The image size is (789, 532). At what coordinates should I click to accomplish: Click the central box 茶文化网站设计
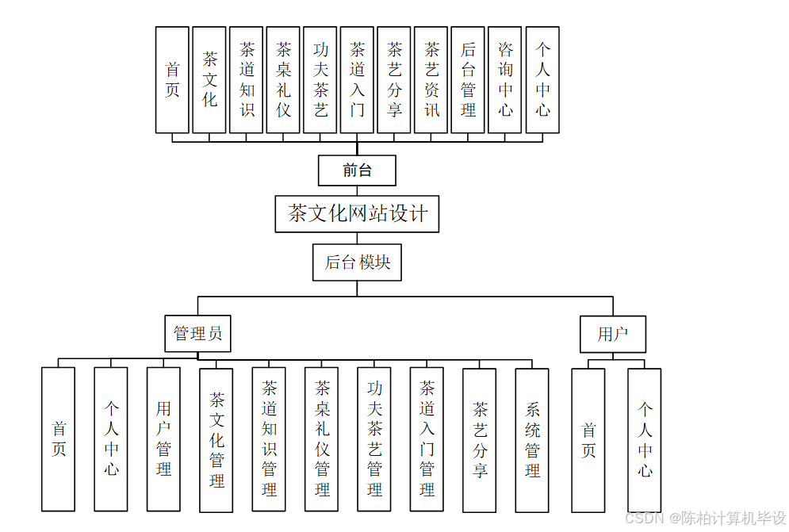pyautogui.click(x=357, y=213)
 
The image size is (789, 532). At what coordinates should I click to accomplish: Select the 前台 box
pyautogui.click(x=357, y=170)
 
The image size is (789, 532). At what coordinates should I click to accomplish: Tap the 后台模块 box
pyautogui.click(x=357, y=262)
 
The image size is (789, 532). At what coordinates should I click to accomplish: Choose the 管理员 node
pyautogui.click(x=198, y=334)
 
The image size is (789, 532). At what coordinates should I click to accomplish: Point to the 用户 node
pyautogui.click(x=612, y=334)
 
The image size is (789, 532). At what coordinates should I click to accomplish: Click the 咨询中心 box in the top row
pyautogui.click(x=505, y=79)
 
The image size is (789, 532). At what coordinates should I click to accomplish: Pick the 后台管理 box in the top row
pyautogui.click(x=468, y=79)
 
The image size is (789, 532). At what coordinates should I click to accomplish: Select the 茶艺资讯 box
pyautogui.click(x=431, y=79)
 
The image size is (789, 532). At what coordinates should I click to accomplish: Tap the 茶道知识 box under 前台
pyautogui.click(x=247, y=79)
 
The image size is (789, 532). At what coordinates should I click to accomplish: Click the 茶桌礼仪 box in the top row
pyautogui.click(x=283, y=79)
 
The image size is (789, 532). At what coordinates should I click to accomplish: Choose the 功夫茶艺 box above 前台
pyautogui.click(x=320, y=79)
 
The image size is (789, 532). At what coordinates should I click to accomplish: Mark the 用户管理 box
pyautogui.click(x=163, y=438)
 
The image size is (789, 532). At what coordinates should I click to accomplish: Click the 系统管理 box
pyautogui.click(x=532, y=438)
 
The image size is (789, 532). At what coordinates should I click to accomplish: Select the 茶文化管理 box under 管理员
pyautogui.click(x=216, y=439)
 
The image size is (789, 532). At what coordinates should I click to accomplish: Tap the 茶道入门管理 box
pyautogui.click(x=427, y=438)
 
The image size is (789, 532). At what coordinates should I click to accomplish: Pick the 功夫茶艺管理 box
pyautogui.click(x=374, y=438)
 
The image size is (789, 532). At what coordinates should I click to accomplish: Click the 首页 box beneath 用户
pyautogui.click(x=588, y=439)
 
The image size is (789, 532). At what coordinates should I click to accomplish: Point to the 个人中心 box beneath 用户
pyautogui.click(x=645, y=439)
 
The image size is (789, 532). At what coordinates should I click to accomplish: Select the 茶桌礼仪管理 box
pyautogui.click(x=322, y=438)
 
